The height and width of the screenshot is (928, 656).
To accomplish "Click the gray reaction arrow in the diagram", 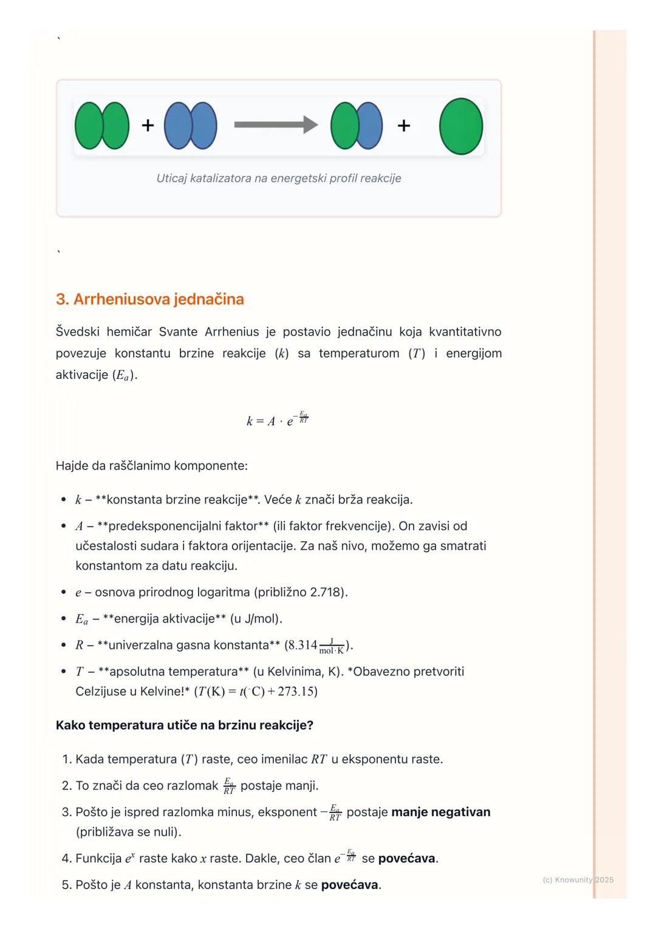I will (x=275, y=125).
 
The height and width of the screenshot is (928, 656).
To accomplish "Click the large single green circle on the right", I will (x=461, y=126).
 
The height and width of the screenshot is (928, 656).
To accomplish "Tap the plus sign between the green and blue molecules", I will (x=148, y=126).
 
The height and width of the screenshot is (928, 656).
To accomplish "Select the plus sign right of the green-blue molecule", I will (x=404, y=126).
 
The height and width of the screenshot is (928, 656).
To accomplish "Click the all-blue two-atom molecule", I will (x=191, y=126).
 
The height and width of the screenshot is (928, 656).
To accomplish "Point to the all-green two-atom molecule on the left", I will (x=102, y=126).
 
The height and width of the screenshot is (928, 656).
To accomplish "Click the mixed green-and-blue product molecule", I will (x=357, y=126).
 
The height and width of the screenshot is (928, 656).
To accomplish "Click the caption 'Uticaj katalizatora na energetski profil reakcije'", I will (x=279, y=179).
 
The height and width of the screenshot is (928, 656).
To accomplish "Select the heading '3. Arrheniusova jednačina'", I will (x=150, y=299).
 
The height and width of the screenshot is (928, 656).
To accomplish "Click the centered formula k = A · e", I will (x=278, y=420).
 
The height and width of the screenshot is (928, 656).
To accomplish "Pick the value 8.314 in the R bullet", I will (x=302, y=645).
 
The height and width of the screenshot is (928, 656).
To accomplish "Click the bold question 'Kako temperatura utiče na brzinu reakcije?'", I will (x=185, y=726).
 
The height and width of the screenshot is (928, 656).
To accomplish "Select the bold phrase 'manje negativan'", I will (x=440, y=813).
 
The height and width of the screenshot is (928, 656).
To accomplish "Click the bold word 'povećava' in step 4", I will (x=406, y=859).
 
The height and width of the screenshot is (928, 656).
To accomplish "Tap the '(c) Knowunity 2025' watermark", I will (x=578, y=880).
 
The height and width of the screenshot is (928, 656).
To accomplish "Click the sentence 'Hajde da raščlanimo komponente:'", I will (x=152, y=466).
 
